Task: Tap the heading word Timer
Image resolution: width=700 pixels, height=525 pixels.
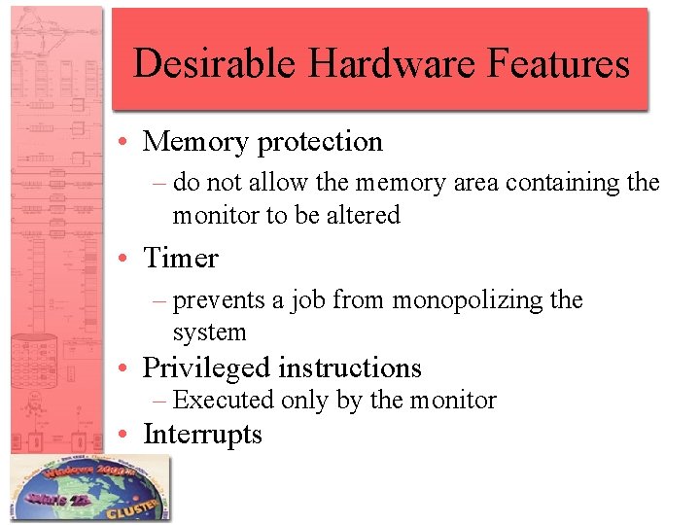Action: (x=181, y=259)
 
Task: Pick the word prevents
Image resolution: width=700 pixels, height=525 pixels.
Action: (x=219, y=300)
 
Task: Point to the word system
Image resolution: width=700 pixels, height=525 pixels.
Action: (x=209, y=332)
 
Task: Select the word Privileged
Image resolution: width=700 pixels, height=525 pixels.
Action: (x=206, y=368)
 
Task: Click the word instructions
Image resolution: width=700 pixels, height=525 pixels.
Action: (x=350, y=368)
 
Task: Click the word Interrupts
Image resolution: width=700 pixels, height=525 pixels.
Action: (x=202, y=434)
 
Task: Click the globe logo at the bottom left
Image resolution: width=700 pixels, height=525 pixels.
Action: (x=88, y=489)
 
